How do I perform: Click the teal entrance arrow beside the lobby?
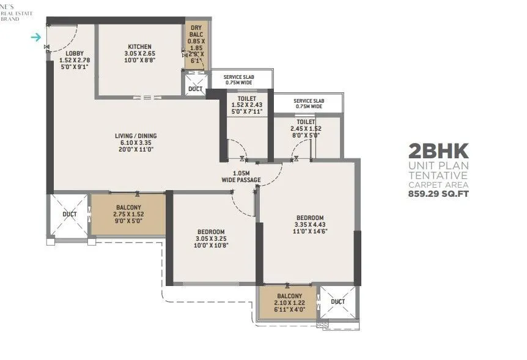36,37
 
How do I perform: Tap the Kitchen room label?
140,47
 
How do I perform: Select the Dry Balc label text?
196,28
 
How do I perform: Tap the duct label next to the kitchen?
196,89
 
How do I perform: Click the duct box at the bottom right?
337,302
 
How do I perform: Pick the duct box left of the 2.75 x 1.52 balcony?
68,215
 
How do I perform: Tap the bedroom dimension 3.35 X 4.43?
310,225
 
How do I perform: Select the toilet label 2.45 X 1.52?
306,129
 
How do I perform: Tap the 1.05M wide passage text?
241,175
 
